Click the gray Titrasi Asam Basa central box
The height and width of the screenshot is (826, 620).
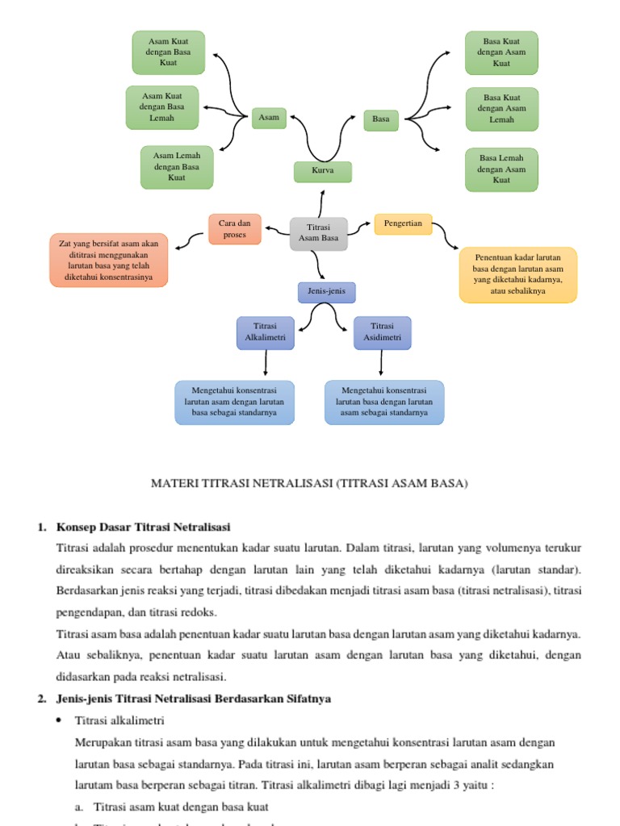319,233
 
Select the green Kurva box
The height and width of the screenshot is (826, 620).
322,171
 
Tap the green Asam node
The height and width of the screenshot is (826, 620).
268,118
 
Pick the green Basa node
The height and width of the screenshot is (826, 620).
381,119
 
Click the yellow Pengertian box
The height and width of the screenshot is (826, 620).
403,223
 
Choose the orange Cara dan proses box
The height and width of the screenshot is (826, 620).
235,228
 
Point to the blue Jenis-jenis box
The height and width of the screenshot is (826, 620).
326,291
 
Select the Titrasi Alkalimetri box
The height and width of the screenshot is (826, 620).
266,332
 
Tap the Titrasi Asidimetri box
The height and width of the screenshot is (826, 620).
383,332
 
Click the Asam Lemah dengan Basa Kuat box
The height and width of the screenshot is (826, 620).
177,167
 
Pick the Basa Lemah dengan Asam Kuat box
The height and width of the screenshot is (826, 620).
501,169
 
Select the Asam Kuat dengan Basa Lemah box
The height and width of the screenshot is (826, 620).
162,107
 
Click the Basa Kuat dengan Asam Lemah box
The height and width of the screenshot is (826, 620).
501,108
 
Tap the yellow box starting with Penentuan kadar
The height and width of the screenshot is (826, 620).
518,274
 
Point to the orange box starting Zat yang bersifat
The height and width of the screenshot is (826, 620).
109,260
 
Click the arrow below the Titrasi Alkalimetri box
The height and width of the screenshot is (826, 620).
266,364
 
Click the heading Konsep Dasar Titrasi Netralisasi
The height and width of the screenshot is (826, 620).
144,527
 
